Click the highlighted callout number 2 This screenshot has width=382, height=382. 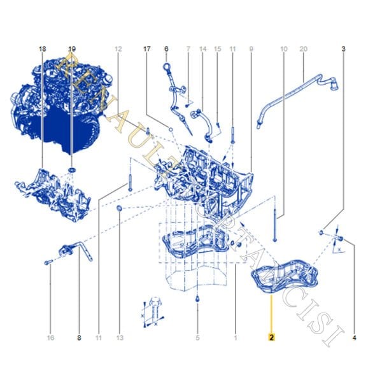pos(272,338)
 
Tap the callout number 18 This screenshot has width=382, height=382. pos(42,48)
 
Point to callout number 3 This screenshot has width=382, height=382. pos(344,48)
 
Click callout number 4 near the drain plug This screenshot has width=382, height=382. pos(354,338)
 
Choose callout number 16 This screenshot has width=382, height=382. pos(49,338)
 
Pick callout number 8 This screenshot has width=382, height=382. pos(79,338)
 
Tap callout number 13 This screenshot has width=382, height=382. pos(119,338)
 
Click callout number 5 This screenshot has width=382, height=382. pos(198,338)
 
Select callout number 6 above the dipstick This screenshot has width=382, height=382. pos(166,48)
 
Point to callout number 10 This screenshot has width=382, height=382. pos(284,48)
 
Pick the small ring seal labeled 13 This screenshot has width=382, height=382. pos(119,209)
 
